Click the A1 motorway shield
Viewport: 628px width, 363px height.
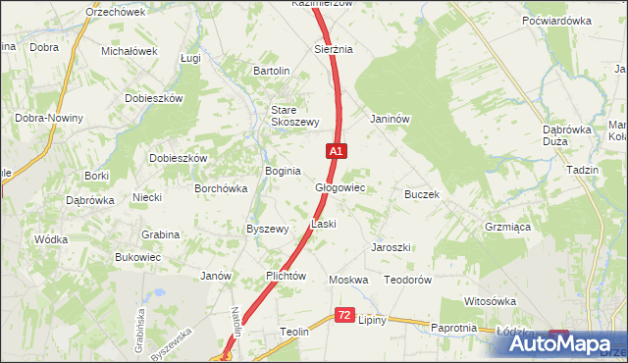pyautogui.click(x=336, y=151)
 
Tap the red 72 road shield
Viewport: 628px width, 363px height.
pyautogui.click(x=343, y=315)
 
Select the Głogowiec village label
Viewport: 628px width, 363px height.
pyautogui.click(x=340, y=186)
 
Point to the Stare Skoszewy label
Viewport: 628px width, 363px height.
pyautogui.click(x=295, y=116)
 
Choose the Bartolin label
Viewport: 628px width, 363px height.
pyautogui.click(x=272, y=71)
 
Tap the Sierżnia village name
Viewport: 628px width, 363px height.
pyautogui.click(x=333, y=48)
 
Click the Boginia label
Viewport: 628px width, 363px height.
pyautogui.click(x=282, y=171)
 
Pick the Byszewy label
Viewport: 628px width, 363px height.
pyautogui.click(x=267, y=229)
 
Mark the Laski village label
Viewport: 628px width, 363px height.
pyautogui.click(x=324, y=224)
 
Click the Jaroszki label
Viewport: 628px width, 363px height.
pyautogui.click(x=390, y=247)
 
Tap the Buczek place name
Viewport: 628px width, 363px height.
pyautogui.click(x=422, y=194)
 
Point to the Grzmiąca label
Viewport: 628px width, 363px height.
pyautogui.click(x=507, y=226)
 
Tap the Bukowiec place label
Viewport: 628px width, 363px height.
pyautogui.click(x=137, y=257)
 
